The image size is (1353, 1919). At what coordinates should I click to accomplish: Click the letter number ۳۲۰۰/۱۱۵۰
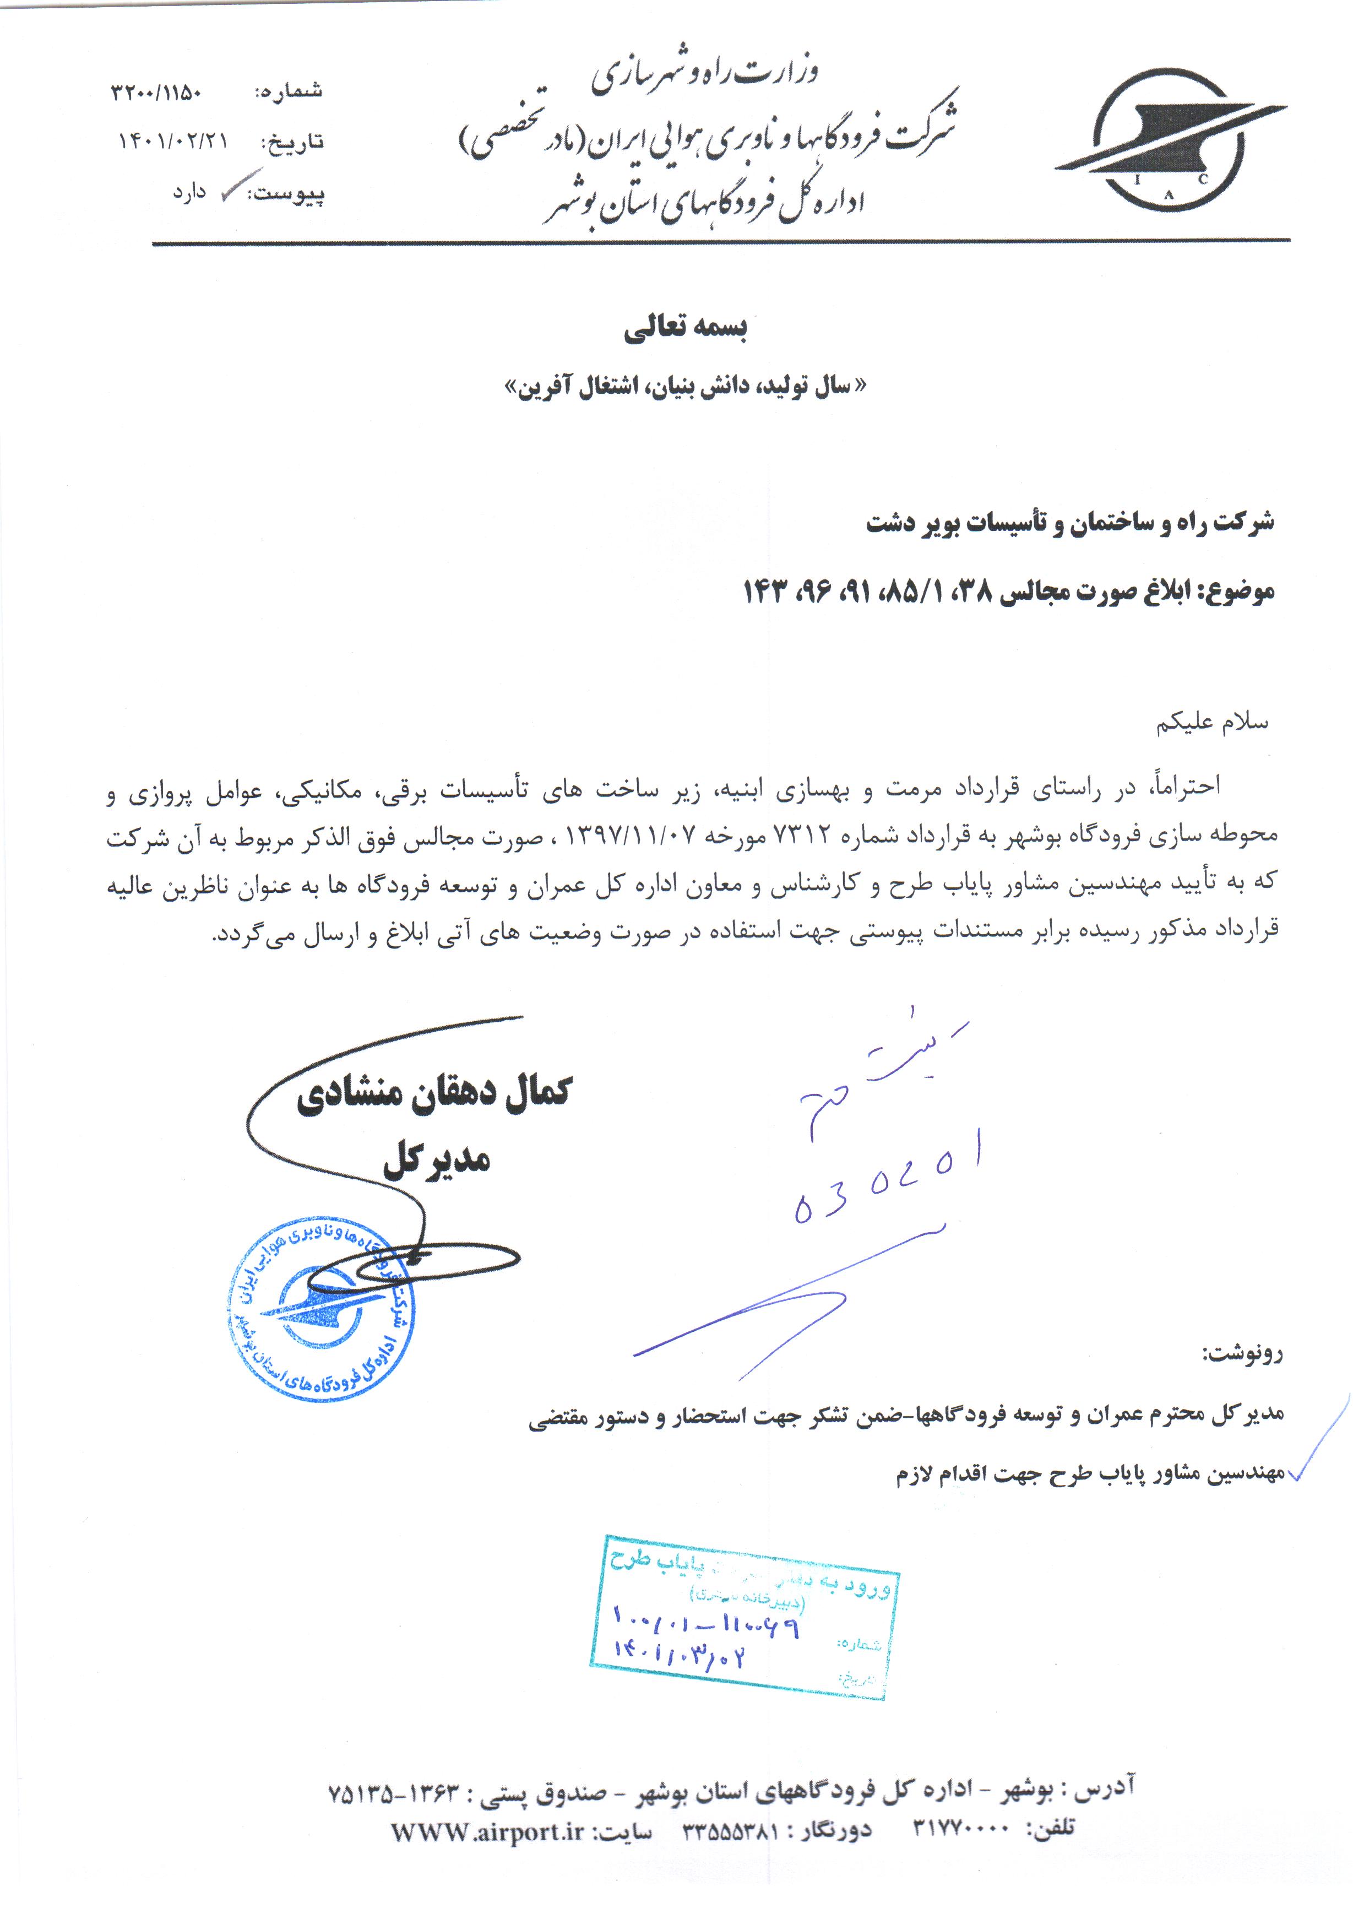tap(156, 92)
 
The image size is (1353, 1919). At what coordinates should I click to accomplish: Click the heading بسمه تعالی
tap(684, 328)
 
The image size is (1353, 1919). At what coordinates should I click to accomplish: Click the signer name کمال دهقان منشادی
tap(434, 1092)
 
